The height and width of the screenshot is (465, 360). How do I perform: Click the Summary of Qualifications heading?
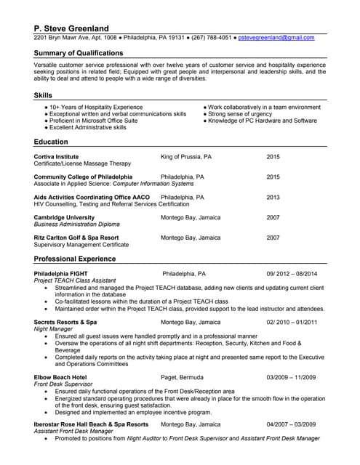[79, 54]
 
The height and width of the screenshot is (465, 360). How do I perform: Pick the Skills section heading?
[43, 95]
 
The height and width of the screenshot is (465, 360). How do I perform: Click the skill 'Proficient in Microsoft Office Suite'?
[93, 121]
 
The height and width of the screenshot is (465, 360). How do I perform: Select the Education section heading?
[51, 142]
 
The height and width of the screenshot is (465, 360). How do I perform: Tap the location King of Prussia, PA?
[186, 156]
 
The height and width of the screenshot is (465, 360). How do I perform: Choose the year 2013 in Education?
[273, 197]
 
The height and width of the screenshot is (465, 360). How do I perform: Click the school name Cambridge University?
[64, 217]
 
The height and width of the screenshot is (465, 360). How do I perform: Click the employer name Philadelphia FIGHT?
[61, 274]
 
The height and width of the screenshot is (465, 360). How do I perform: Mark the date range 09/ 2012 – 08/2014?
[292, 274]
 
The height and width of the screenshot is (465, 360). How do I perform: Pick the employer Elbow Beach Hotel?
[60, 378]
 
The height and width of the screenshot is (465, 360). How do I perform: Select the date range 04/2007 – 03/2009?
[292, 424]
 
